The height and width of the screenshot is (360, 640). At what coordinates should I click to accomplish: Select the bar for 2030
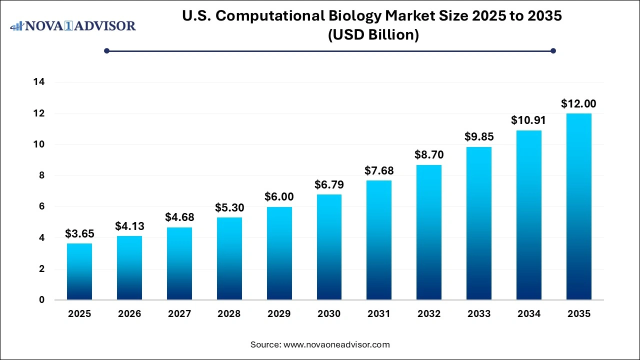[x=329, y=247]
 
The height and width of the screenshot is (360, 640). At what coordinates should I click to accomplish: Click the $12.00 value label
[x=578, y=104]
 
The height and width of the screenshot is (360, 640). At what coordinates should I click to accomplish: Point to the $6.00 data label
[x=279, y=197]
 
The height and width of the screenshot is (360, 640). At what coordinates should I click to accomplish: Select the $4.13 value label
[x=129, y=226]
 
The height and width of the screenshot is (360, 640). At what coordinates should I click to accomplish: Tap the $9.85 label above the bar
[x=478, y=137]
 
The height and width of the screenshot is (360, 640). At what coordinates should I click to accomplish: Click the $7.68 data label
[x=379, y=171]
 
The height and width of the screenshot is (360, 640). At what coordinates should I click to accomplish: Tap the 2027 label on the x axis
[x=179, y=314]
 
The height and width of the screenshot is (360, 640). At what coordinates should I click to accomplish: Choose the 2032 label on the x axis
[x=429, y=314]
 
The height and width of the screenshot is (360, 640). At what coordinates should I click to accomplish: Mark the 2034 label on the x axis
[x=528, y=314]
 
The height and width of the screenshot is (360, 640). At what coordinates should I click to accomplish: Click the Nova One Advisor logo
[x=73, y=25]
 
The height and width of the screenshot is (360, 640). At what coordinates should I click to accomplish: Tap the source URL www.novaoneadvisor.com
[x=336, y=344]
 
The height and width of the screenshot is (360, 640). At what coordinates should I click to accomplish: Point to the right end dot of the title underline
[x=553, y=50]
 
